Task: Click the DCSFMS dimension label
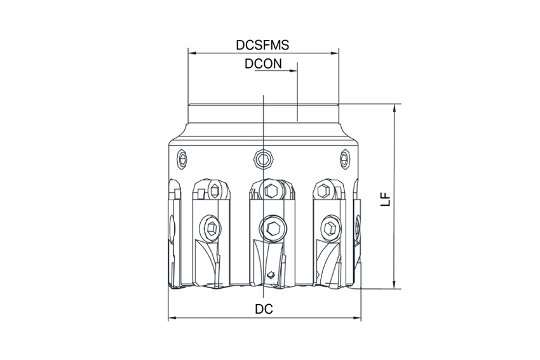click(x=262, y=46)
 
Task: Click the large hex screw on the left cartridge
click(x=210, y=227)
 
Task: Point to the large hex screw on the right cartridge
click(x=330, y=227)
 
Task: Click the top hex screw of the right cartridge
click(x=323, y=190)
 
